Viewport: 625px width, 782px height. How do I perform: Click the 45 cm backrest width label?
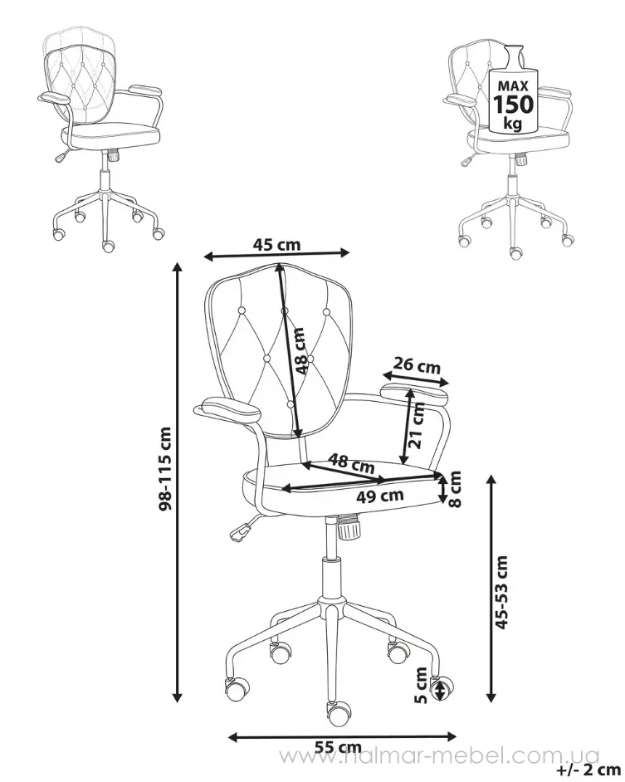277,244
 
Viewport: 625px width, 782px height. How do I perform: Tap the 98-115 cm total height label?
165,468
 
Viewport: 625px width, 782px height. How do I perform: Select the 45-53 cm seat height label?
502,592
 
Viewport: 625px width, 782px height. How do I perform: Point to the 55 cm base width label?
338,747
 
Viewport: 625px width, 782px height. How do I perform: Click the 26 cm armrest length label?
417,366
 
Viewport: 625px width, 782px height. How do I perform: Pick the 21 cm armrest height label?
417,425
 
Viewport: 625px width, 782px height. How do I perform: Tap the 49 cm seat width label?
380,496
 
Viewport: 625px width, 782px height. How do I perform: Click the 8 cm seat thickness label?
455,488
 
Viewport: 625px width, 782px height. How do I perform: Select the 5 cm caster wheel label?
422,685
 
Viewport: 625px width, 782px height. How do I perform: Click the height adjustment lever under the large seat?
243,529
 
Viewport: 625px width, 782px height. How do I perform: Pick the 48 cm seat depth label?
353,464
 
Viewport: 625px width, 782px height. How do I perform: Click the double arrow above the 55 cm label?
342,736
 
